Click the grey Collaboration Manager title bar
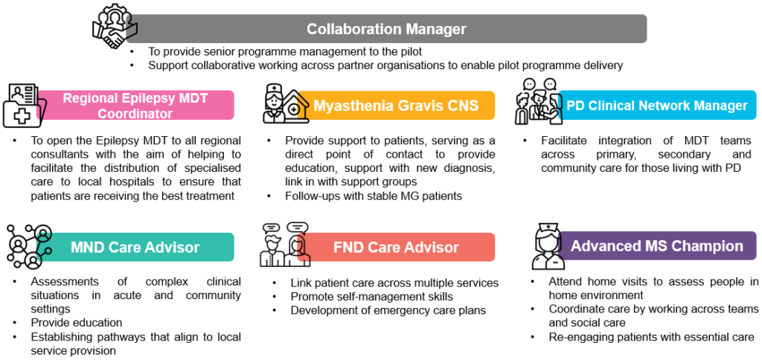coord(386,29)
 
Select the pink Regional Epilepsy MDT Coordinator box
coord(135,105)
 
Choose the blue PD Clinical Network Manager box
coord(657,105)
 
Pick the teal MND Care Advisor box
coord(135,247)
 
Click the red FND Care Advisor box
coord(396,247)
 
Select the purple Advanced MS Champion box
coord(657,245)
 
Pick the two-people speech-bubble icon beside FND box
coord(285,245)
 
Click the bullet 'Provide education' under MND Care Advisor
coord(77,323)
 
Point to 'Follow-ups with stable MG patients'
coord(374,196)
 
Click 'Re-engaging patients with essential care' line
coord(651,337)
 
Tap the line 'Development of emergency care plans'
coord(388,310)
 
